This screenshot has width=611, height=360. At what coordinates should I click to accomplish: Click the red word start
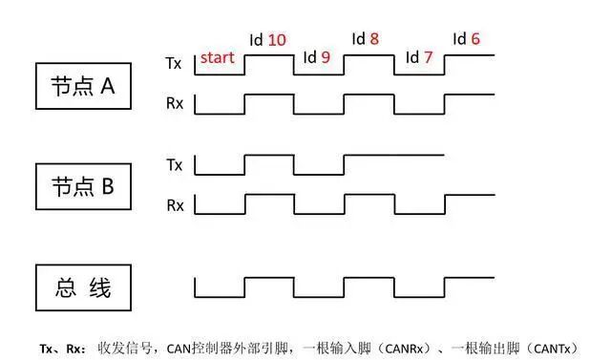tap(218, 58)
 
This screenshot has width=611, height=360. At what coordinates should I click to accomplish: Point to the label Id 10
tap(267, 40)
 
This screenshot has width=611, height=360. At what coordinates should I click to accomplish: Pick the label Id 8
tap(366, 40)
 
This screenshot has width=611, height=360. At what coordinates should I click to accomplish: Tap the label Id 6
tap(467, 40)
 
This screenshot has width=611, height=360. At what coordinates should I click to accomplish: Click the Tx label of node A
tap(174, 63)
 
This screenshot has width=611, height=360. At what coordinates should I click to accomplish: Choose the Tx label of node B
tap(174, 164)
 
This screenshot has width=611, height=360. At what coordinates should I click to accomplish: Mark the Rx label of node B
tap(174, 204)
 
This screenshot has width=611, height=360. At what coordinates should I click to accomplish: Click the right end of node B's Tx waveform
tap(442, 155)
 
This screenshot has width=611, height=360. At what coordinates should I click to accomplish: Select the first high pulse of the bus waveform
tap(268, 278)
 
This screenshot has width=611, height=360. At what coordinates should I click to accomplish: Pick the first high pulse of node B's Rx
tap(268, 195)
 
